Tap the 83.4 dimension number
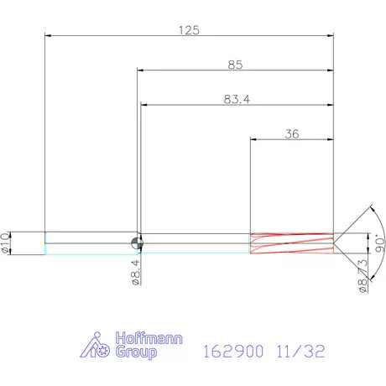coord(236,98)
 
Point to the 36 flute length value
coord(292,133)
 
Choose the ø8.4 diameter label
coord(134,274)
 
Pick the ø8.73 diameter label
coord(363,274)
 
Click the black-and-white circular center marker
coord(138,243)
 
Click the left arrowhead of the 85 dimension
coord(141,70)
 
